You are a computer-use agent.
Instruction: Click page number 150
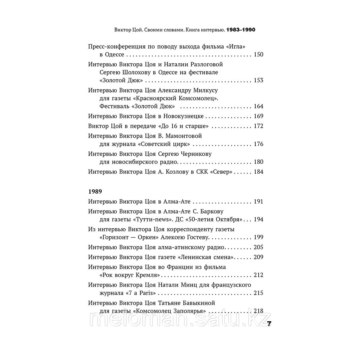258,55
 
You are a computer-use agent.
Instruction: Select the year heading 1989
94,191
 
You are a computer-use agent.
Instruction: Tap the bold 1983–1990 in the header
242,30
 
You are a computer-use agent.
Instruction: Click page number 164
258,106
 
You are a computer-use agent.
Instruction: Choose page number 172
258,126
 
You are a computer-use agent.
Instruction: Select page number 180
258,162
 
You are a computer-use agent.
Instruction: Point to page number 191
258,202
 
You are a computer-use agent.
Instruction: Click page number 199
258,237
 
